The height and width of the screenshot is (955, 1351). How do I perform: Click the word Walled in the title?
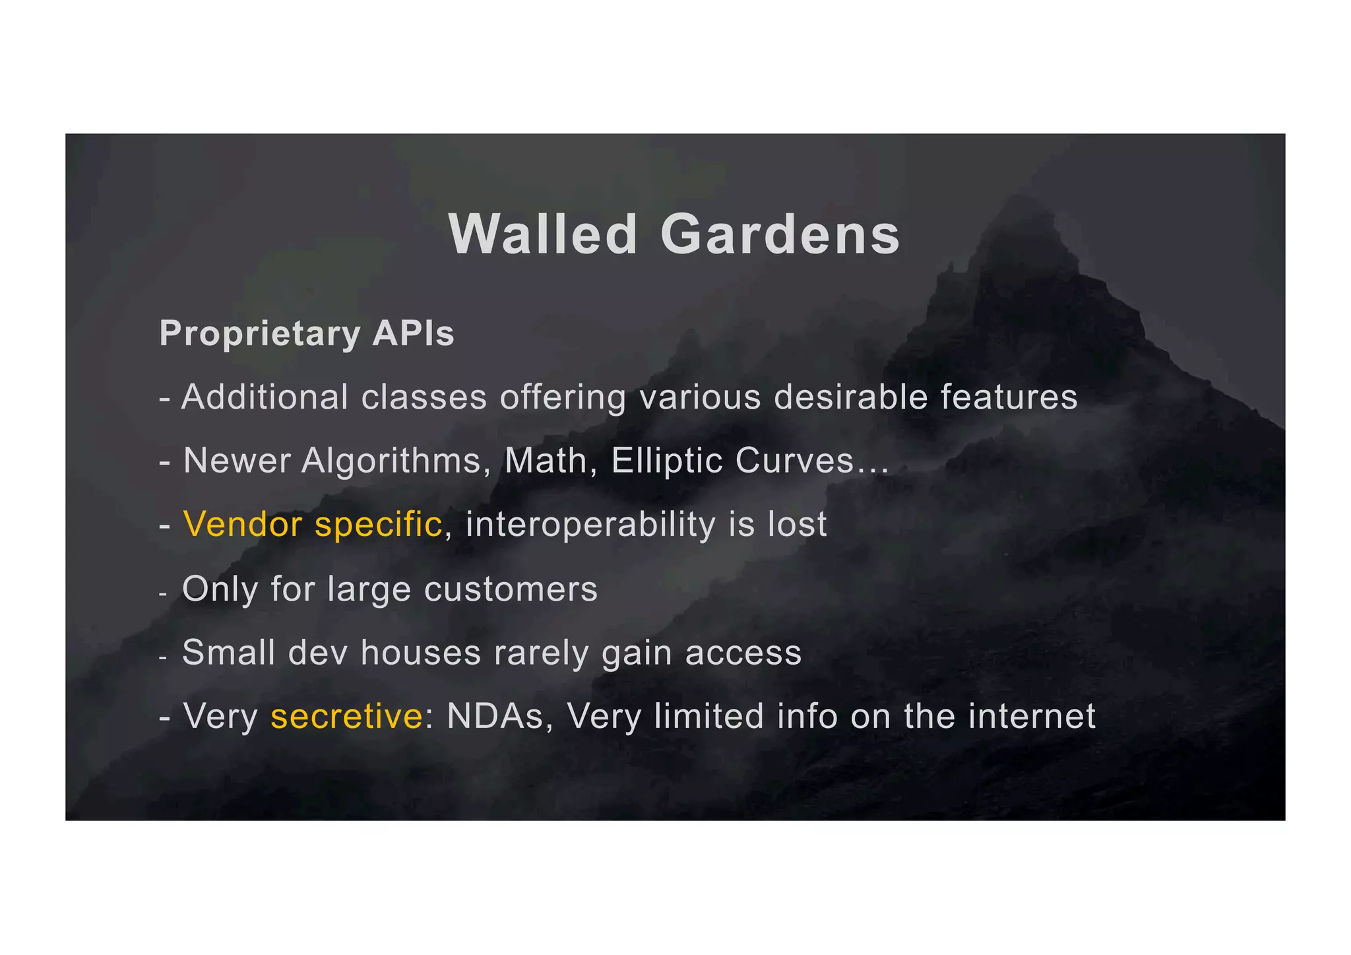tap(542, 235)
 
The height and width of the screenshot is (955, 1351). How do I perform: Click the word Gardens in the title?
tap(780, 235)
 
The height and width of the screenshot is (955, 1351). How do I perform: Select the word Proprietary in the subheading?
tap(259, 334)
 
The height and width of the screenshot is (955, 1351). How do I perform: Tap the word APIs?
tap(413, 333)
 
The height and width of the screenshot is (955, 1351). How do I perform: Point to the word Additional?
tap(265, 397)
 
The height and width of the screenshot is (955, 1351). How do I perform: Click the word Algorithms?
tap(392, 461)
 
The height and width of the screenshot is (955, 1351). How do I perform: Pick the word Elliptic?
tap(667, 461)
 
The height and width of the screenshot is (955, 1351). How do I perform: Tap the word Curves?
tap(794, 461)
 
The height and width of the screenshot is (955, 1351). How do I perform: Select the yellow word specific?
tap(378, 525)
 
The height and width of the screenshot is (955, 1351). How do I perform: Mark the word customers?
tap(511, 589)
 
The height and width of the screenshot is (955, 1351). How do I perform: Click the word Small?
tap(228, 652)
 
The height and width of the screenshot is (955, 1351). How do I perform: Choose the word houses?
tap(421, 652)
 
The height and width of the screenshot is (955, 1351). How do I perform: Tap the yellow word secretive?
tap(346, 716)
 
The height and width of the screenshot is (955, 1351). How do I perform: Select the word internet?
tap(1032, 716)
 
